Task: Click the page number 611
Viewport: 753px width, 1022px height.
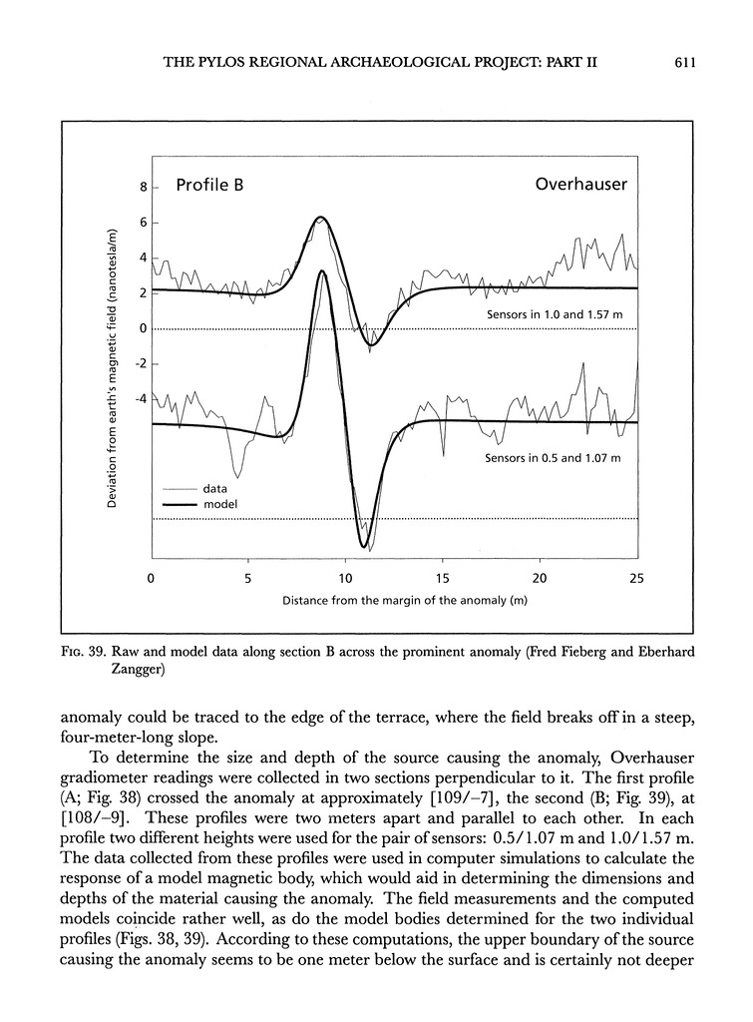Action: [x=683, y=62]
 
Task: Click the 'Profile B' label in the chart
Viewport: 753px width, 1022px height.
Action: [x=209, y=185]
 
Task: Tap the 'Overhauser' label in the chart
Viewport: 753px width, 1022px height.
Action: [x=580, y=185]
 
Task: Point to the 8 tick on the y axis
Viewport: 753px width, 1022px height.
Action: [x=144, y=187]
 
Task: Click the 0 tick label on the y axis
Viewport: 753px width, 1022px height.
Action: [x=144, y=328]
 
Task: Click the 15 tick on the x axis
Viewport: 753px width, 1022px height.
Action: [x=442, y=579]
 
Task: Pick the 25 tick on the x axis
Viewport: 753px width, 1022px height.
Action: [x=637, y=579]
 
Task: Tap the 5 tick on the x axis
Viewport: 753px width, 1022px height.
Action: [x=247, y=579]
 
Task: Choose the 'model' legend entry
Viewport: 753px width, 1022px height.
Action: [x=219, y=505]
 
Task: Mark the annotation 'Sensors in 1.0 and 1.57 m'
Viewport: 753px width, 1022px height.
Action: [x=555, y=314]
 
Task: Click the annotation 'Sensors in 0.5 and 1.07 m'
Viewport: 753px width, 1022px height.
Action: [x=553, y=458]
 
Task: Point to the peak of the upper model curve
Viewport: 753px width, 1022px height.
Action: [x=321, y=217]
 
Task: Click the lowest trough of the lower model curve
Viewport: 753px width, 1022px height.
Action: [x=364, y=546]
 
